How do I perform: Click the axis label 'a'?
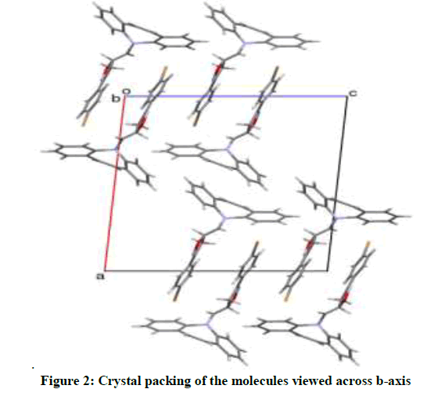100,276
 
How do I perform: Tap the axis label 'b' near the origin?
116,98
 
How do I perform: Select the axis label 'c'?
353,94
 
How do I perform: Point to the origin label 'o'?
126,91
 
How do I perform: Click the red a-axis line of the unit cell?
115,184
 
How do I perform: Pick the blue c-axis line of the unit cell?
237,96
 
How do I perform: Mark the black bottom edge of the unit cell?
216,270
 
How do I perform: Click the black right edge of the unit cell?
338,184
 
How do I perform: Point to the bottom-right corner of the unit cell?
328,270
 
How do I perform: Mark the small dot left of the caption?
33,368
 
